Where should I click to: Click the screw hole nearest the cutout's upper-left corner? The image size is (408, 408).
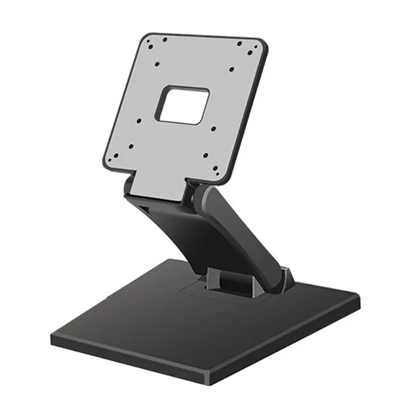157,64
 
